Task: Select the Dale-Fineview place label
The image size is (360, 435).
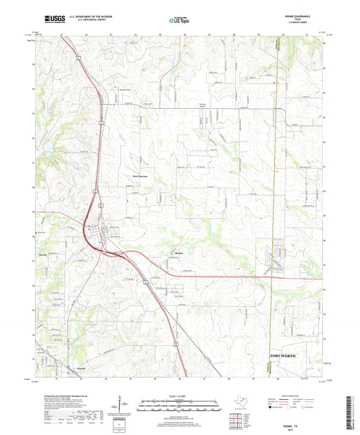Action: pos(140,177)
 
